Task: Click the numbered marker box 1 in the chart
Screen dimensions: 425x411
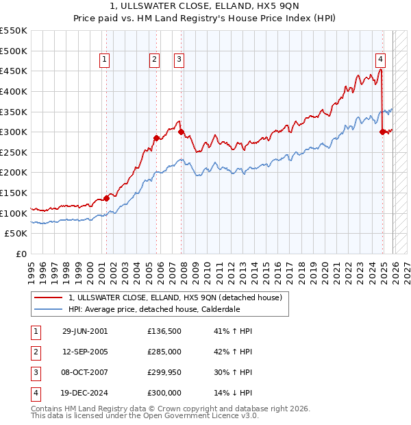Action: (x=104, y=60)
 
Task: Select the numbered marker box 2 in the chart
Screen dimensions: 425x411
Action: (x=154, y=60)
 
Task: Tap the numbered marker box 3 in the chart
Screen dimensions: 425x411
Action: (x=179, y=60)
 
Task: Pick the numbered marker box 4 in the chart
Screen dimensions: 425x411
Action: (x=380, y=60)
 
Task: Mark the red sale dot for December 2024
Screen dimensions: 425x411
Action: (x=382, y=132)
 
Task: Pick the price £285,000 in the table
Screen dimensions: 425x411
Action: (x=164, y=352)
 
